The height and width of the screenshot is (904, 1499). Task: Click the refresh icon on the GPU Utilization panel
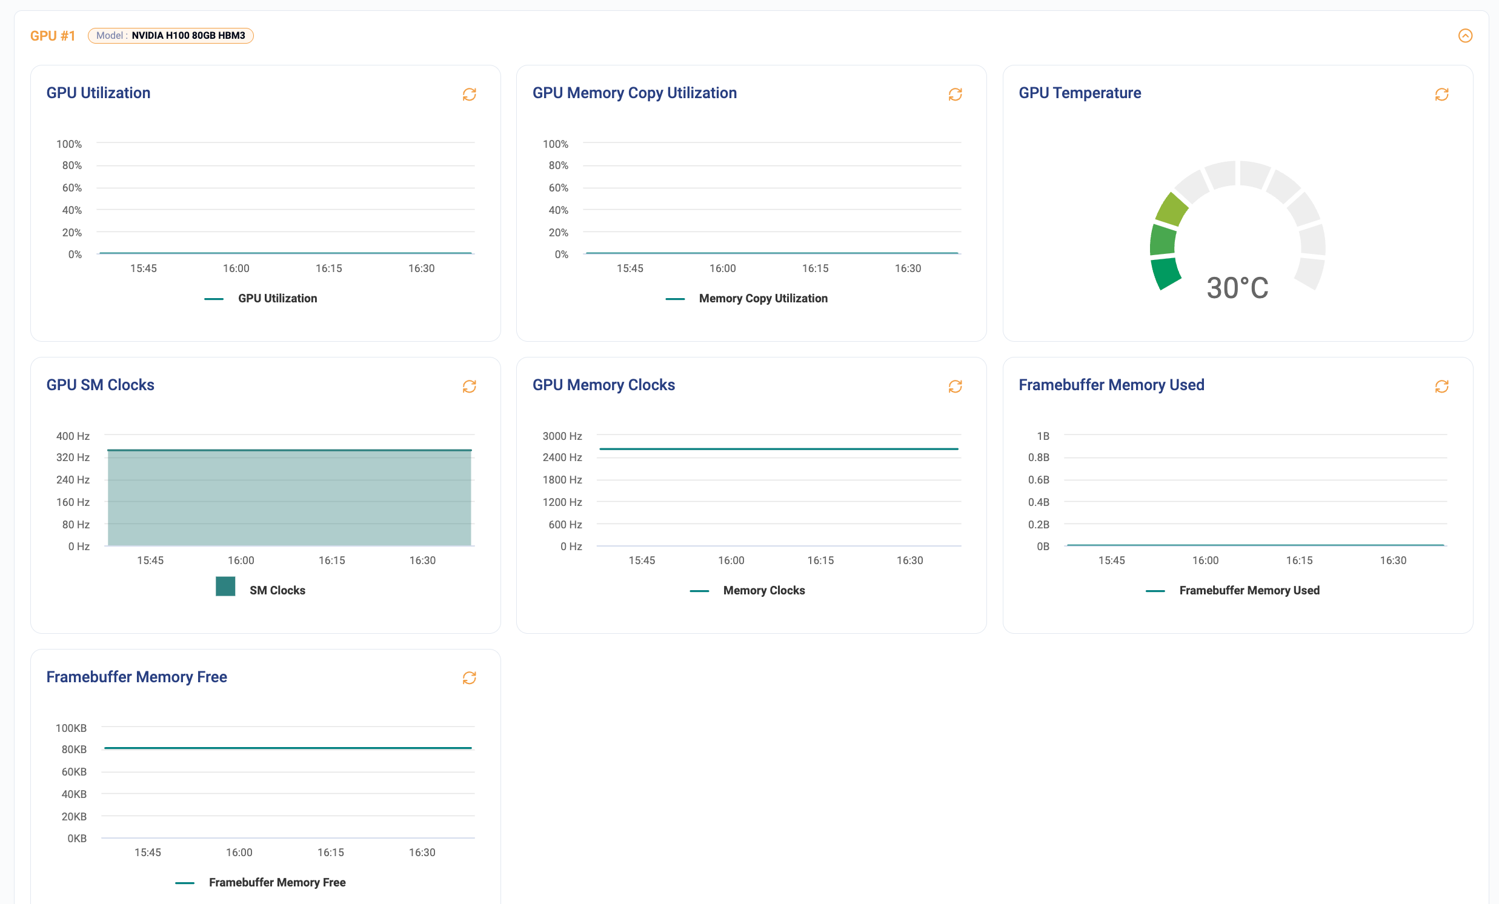pos(469,95)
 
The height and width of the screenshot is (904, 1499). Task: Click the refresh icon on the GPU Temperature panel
pos(1441,95)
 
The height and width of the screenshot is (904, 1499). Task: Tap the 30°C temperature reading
pos(1237,288)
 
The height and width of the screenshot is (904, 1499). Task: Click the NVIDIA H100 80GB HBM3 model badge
pos(170,35)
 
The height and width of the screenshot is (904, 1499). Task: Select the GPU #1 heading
pos(52,36)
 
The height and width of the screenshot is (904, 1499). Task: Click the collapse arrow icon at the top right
pos(1465,35)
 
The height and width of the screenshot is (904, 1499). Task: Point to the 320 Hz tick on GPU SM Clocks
pos(73,457)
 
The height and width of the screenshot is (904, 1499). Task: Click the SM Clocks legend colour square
pos(225,587)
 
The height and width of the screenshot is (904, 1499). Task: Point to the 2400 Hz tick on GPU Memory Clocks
pos(562,457)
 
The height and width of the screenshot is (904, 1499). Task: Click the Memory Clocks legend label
pos(763,590)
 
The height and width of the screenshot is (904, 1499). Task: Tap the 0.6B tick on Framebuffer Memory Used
pos(1039,480)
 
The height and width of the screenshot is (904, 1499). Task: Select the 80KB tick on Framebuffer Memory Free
pos(73,749)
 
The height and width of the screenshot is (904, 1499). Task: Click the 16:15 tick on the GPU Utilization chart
pos(328,268)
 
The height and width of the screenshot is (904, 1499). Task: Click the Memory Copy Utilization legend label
pos(763,298)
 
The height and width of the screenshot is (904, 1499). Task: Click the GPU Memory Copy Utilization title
pos(634,93)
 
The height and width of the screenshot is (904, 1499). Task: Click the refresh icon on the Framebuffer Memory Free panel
pos(469,677)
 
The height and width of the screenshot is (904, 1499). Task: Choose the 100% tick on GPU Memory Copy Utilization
pos(555,144)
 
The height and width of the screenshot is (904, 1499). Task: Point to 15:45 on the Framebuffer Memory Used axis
pos(1111,560)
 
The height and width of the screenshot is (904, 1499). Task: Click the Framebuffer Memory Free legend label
pos(277,882)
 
